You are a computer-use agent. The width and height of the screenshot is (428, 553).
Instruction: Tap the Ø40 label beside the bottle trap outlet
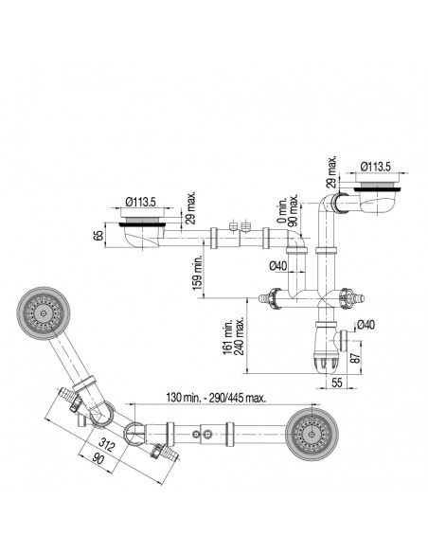point(366,326)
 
